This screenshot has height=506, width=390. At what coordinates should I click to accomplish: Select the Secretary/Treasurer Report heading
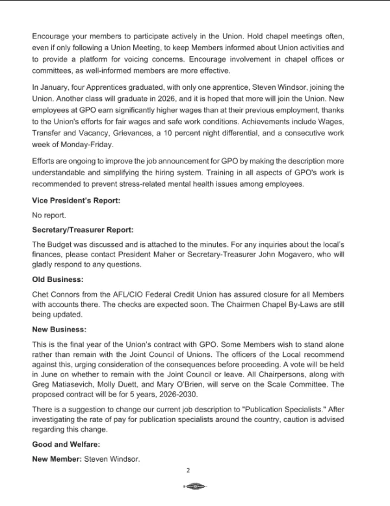tap(83, 229)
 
